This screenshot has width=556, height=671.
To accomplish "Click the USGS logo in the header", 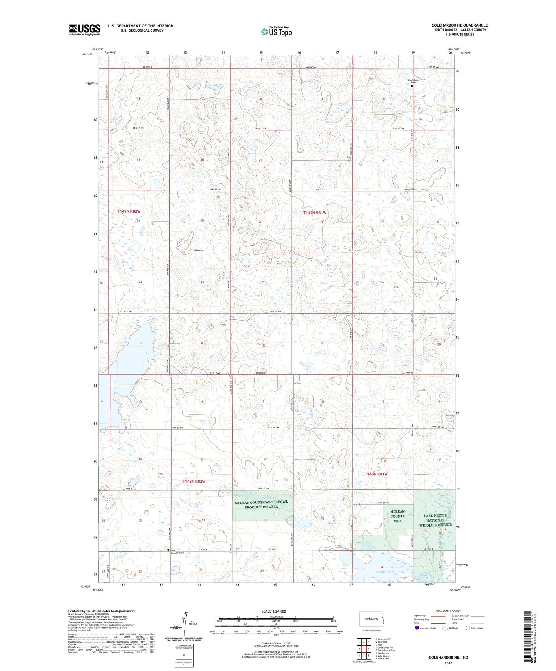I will tap(85, 30).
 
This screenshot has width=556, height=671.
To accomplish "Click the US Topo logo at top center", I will tap(276, 32).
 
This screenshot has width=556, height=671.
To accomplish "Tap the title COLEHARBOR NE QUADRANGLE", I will tap(459, 25).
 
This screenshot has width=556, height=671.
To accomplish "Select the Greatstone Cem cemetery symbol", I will tap(412, 86).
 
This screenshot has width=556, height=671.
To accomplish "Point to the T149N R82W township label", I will tap(129, 211).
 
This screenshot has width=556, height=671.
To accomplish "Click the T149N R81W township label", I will tap(314, 213).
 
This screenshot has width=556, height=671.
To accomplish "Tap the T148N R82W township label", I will tap(194, 481).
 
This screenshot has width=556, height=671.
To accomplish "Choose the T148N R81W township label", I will tap(376, 474).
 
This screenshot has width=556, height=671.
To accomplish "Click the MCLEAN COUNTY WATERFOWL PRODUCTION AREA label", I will tap(261, 505).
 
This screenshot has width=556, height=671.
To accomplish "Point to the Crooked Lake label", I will tap(385, 571).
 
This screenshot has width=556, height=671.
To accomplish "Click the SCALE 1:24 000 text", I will tap(274, 611).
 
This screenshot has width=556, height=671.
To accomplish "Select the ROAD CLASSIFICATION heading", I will tap(448, 611).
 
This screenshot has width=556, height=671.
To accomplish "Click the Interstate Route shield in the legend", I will tap(417, 628).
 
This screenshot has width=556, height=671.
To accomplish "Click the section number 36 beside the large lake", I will tap(140, 343).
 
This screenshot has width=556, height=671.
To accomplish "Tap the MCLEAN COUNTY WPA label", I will tap(397, 516).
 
